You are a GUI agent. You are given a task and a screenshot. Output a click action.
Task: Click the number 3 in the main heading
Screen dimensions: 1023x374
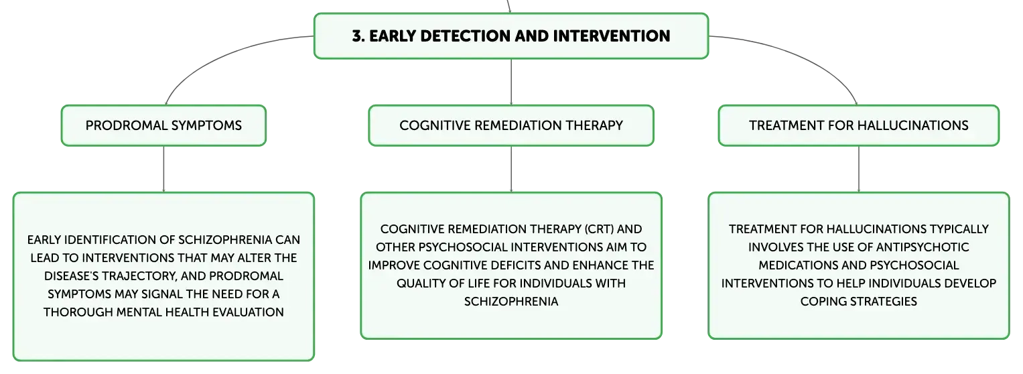[x=357, y=36]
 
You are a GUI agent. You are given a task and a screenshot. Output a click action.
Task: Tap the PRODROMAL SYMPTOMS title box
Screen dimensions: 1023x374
[x=163, y=125]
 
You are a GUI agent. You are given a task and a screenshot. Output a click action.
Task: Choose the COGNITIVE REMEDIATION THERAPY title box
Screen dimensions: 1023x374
[x=511, y=125]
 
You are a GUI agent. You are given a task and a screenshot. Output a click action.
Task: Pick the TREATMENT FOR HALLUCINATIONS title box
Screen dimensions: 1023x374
[x=859, y=125]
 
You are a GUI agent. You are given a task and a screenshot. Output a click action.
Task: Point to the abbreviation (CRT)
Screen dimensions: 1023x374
[x=599, y=229]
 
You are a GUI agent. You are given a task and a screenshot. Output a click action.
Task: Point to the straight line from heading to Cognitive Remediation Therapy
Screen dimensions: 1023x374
[x=511, y=82]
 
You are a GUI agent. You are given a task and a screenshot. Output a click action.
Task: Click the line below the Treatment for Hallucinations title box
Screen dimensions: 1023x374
[x=859, y=169]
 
